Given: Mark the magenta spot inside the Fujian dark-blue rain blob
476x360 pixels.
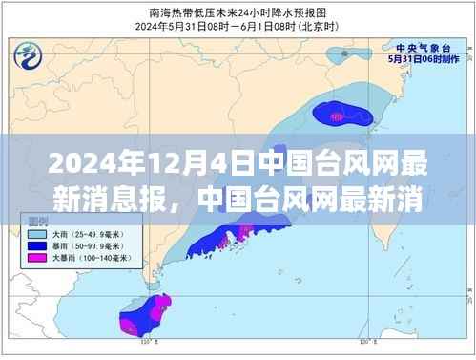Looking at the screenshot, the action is click(336, 115).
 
